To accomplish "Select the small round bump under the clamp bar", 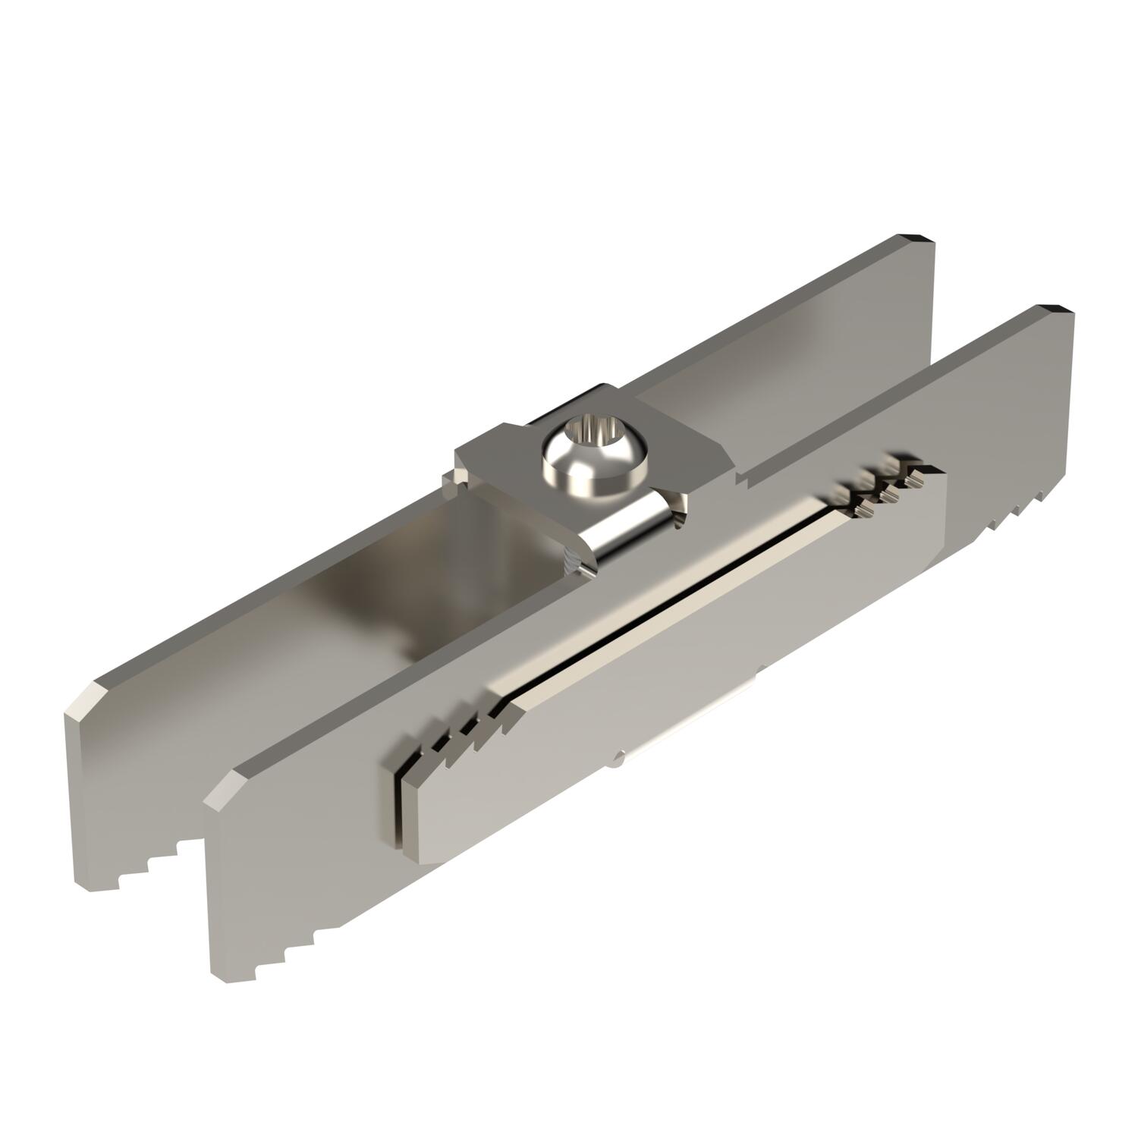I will (x=621, y=754).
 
